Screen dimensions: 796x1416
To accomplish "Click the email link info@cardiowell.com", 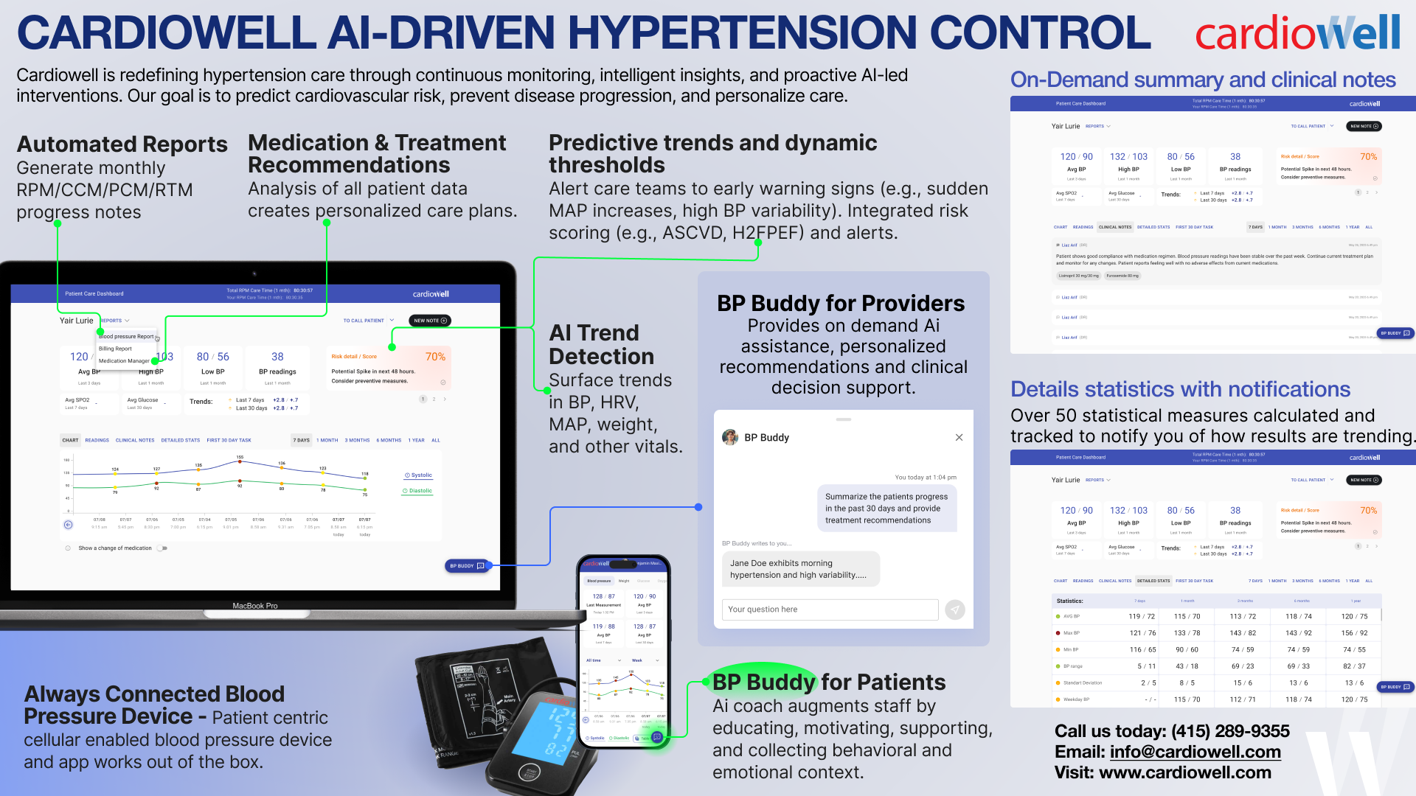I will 1195,752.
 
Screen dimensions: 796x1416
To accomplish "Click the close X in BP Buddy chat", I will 959,437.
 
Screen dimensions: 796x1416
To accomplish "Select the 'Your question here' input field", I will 829,610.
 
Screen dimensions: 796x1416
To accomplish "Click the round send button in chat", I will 955,610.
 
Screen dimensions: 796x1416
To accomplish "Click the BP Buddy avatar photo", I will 730,437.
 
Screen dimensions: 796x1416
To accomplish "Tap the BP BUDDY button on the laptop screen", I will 467,566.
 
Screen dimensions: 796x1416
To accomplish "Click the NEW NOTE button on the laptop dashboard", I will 430,321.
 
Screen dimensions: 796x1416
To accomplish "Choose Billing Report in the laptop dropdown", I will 116,349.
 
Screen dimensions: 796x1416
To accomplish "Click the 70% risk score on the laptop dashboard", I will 435,357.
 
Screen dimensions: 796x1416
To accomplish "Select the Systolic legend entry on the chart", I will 418,475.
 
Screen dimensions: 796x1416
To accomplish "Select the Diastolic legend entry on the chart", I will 417,491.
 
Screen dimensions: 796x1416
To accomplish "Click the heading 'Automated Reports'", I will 122,144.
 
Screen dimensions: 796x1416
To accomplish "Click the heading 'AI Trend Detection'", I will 601,345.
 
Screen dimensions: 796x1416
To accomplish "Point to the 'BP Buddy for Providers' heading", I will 841,304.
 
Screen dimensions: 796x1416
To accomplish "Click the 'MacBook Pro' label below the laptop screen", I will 255,606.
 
